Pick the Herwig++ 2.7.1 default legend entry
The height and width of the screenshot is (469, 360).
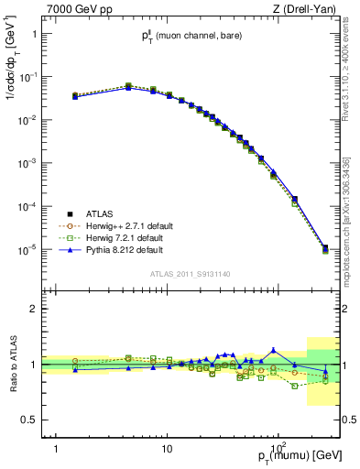[128, 224]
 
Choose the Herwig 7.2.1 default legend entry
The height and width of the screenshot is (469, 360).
[125, 236]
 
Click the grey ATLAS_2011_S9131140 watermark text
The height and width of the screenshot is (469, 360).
[188, 273]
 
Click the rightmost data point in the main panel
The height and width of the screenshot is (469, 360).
[325, 247]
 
